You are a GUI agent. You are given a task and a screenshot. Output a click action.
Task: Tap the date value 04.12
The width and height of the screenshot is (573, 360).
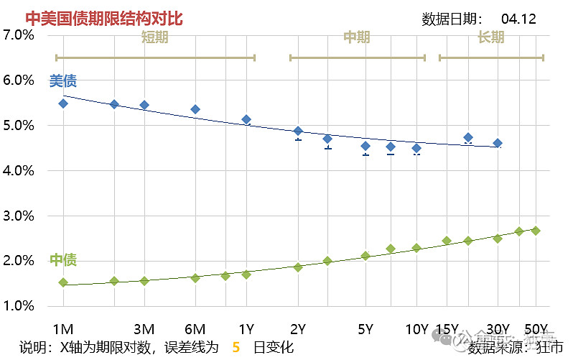(x=518, y=19)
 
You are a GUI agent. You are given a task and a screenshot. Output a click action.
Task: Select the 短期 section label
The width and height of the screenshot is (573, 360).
(x=154, y=37)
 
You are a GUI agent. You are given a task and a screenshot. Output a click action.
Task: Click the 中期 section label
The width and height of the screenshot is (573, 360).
(x=357, y=37)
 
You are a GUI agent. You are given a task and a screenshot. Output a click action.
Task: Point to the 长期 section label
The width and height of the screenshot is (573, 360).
(x=490, y=37)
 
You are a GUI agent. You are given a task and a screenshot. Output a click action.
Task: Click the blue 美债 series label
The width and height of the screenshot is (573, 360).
(x=62, y=81)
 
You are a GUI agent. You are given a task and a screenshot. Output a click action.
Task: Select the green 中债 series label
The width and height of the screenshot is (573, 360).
(x=62, y=259)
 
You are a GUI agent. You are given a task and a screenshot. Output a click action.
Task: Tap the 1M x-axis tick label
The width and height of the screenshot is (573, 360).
(x=63, y=329)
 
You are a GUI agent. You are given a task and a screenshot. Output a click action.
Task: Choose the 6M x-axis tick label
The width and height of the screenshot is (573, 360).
(x=195, y=329)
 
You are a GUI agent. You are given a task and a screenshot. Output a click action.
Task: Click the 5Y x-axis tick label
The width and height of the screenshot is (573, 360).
(x=365, y=329)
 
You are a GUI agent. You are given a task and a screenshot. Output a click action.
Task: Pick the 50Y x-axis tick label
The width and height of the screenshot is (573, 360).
(x=536, y=329)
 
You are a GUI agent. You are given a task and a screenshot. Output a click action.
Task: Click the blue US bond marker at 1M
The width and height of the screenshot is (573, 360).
(x=63, y=103)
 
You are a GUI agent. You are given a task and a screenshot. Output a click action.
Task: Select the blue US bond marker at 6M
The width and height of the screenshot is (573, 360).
(x=195, y=109)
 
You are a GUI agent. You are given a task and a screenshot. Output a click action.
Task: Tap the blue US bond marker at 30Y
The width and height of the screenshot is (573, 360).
(x=498, y=143)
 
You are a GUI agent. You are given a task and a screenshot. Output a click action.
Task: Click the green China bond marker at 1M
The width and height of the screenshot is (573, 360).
(x=63, y=282)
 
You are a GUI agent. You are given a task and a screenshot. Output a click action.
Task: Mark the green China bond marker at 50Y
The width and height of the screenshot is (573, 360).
(x=536, y=231)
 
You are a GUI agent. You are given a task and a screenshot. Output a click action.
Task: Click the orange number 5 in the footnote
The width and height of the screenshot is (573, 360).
(x=236, y=348)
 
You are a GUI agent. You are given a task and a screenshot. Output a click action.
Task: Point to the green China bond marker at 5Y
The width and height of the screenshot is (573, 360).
(x=365, y=256)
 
